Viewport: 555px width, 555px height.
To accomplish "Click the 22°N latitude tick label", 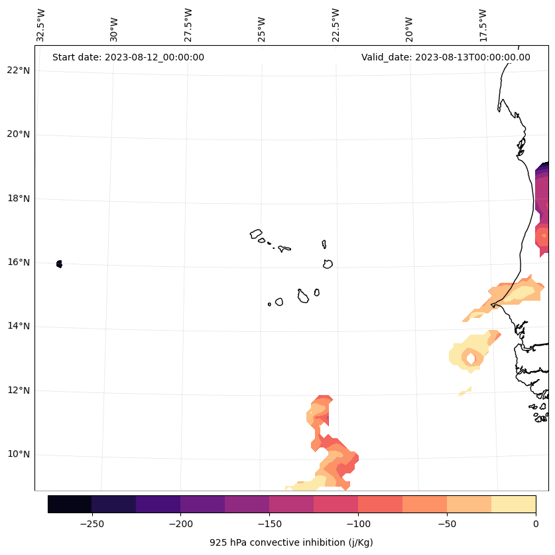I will click(18, 70).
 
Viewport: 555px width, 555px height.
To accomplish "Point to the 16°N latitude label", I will click(18, 262).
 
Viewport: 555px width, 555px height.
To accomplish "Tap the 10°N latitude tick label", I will click(18, 455).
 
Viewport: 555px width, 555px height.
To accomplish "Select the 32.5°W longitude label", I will click(41, 25).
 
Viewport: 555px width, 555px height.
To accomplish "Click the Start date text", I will click(128, 57).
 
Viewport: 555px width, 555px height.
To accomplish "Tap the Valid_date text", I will click(446, 57).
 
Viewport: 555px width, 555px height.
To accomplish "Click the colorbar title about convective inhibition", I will click(291, 542).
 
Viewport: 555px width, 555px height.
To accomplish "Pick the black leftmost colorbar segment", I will click(70, 504).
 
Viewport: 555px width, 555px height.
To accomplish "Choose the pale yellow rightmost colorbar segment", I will click(513, 504).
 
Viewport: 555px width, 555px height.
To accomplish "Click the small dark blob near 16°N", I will click(60, 264).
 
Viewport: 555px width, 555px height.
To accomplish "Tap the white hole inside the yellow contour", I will click(471, 358).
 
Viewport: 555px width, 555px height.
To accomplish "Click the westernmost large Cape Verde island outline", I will click(256, 234).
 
